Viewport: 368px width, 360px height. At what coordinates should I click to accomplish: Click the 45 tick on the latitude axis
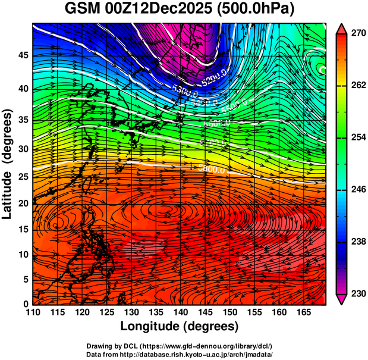click(x=21, y=56)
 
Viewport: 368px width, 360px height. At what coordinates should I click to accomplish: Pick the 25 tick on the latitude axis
click(x=21, y=176)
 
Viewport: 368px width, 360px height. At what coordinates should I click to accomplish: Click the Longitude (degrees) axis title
click(x=180, y=327)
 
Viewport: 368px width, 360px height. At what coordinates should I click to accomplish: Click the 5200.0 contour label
click(x=213, y=79)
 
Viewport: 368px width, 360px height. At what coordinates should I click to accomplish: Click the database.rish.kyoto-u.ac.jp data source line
click(x=180, y=354)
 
